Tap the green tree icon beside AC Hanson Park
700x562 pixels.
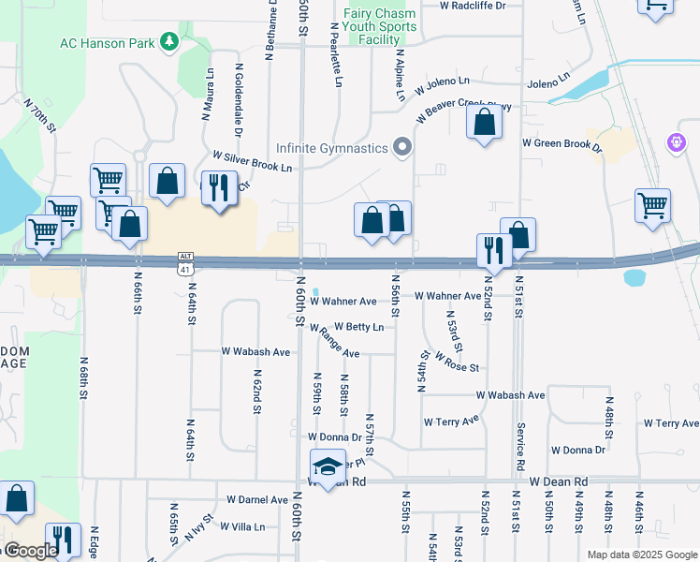[x=169, y=41]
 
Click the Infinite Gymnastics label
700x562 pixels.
[x=331, y=148]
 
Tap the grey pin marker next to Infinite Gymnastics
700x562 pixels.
[x=402, y=147]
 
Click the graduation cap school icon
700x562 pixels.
[x=328, y=466]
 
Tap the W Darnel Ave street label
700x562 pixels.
[x=254, y=500]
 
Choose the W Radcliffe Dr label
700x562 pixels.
[x=473, y=6]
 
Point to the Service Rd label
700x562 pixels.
[x=520, y=446]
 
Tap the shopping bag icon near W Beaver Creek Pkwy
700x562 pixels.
[x=483, y=123]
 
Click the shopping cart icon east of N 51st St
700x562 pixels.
[x=652, y=205]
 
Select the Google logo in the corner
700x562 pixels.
[x=30, y=552]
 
